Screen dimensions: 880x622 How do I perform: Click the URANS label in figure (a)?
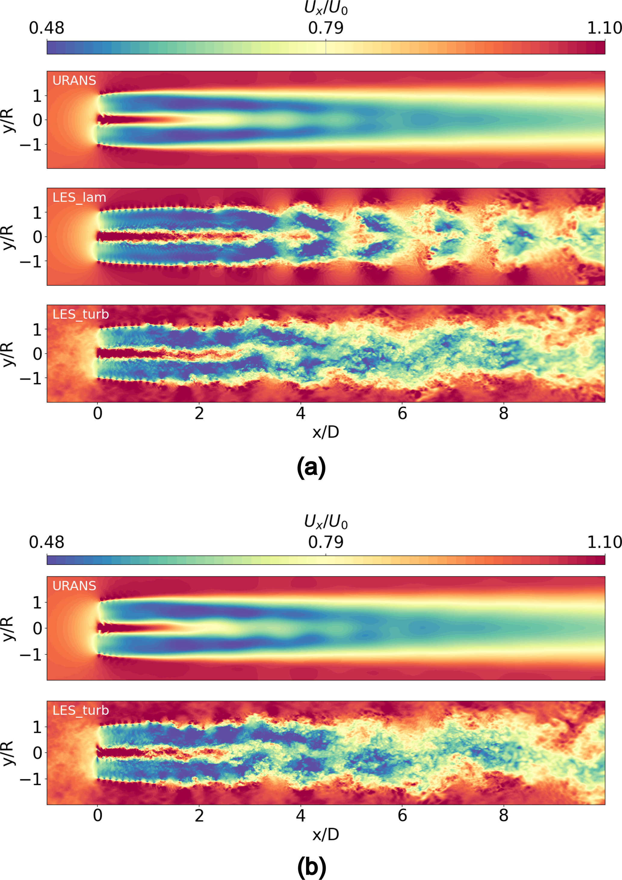coord(74,81)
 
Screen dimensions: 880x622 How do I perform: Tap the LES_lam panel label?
coord(79,197)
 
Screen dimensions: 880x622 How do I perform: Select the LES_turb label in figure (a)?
coord(81,314)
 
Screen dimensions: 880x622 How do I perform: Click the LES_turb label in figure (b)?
coord(81,710)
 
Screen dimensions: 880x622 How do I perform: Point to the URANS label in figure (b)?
coord(74,586)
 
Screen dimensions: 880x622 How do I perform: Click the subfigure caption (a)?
coord(311,467)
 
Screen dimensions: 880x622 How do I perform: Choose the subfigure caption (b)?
coord(311,867)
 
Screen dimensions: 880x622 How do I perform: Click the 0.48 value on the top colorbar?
coord(46,28)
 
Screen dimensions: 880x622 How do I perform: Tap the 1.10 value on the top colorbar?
coord(604,28)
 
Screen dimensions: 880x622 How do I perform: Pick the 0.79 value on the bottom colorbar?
coord(326,542)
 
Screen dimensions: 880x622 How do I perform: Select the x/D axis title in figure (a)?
coord(326,432)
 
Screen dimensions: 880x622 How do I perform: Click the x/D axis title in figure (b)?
coord(326,834)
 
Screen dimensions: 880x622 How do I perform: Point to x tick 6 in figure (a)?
coord(402,413)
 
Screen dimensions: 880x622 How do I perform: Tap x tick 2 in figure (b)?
coord(199,815)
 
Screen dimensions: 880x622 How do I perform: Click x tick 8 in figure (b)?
coord(503,815)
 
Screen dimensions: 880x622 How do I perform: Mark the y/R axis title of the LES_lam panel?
coord(8,237)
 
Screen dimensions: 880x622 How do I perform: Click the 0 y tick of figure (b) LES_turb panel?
coord(37,753)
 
